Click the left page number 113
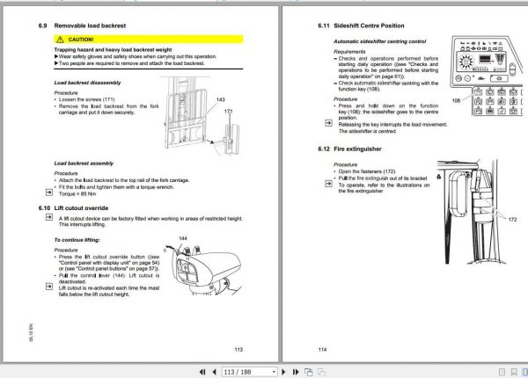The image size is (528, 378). point(238,349)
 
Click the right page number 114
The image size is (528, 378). point(322,349)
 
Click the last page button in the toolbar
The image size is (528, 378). point(319,371)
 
